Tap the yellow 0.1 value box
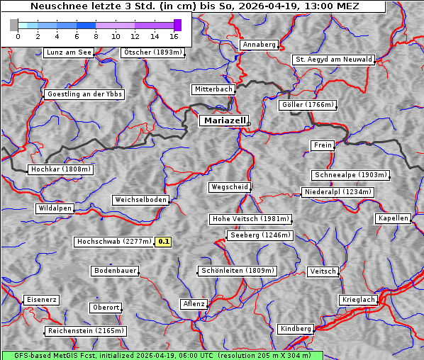coord(164,242)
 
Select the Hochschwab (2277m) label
coord(113,242)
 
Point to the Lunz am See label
coord(69,52)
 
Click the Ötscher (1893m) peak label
coord(152,52)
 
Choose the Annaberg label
coord(259,45)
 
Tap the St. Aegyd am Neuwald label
coord(333,60)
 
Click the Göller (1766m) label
coord(307,105)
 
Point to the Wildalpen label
coord(55,208)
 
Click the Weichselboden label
coord(141,200)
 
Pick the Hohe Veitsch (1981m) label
coord(250,219)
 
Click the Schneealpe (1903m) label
coord(350,175)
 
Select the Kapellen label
coord(393,218)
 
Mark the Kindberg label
coord(296,329)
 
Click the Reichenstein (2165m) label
coord(86,331)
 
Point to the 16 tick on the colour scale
coord(174,35)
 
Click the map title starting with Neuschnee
coord(193,6)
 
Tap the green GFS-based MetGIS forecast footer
coord(162,355)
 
